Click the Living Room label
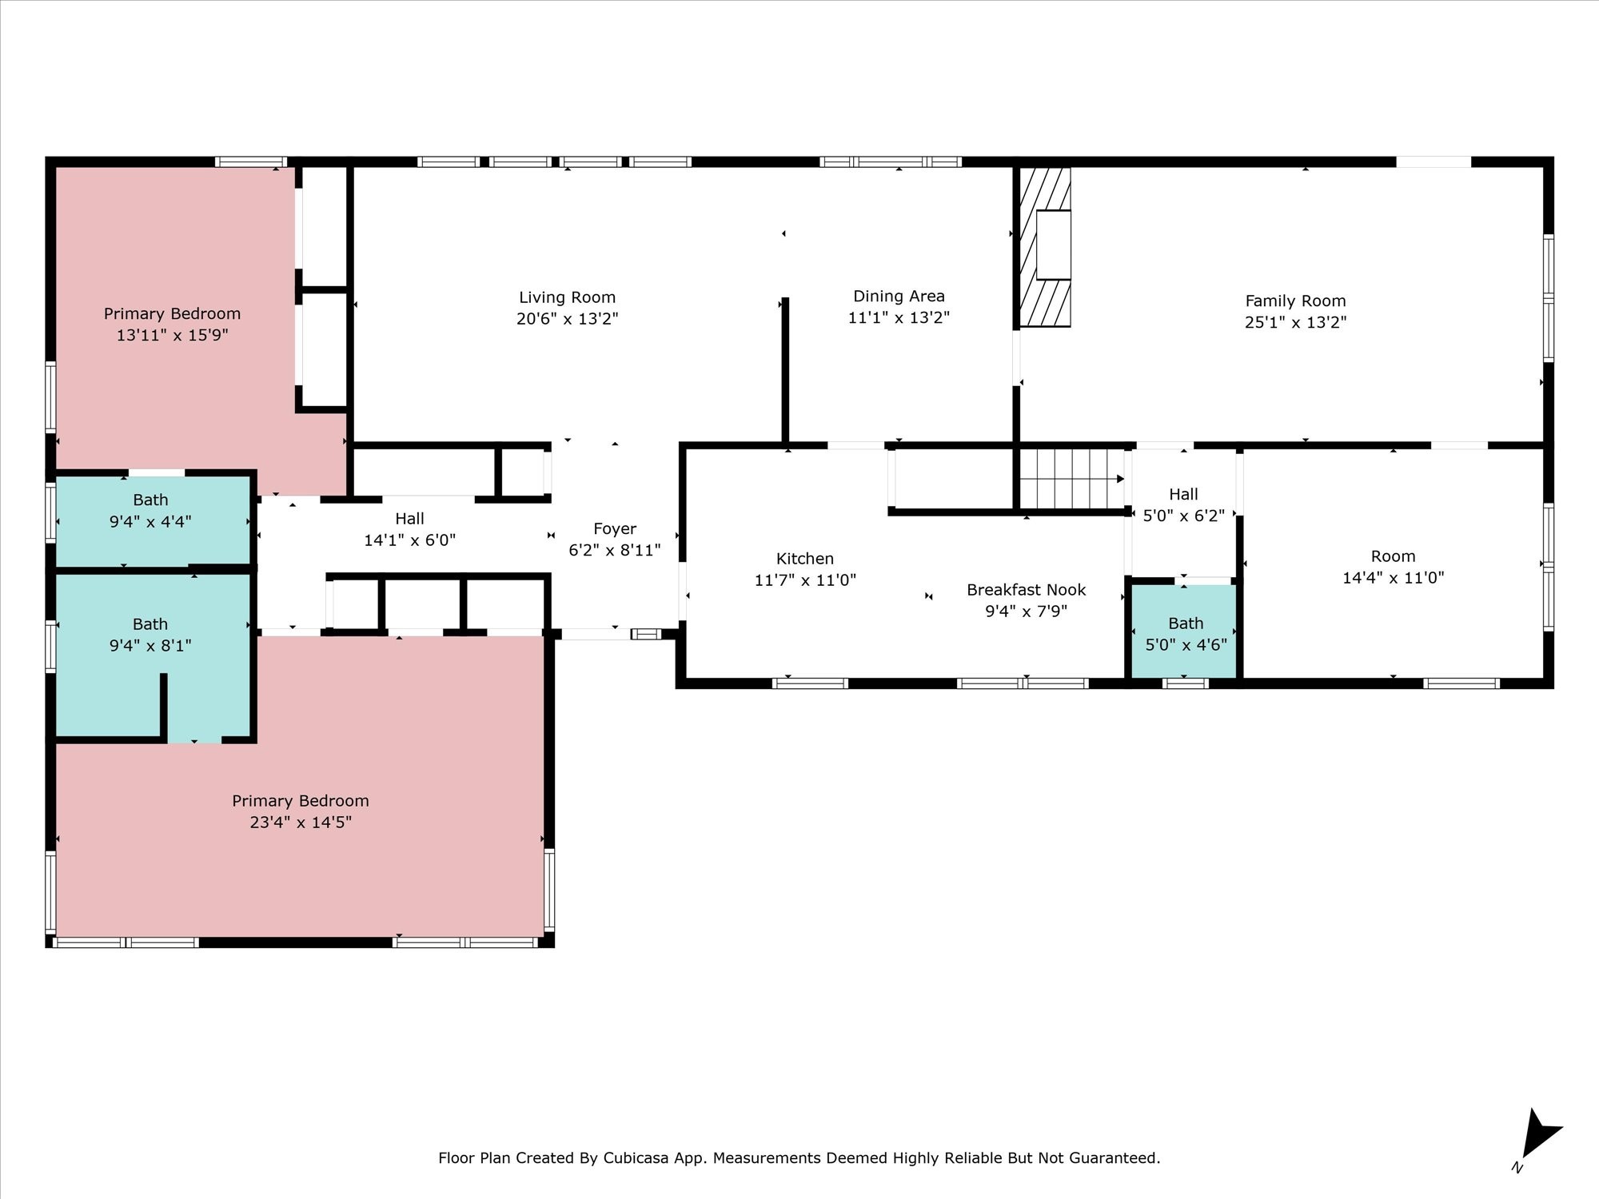click(x=567, y=297)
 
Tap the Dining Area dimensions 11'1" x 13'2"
click(x=899, y=317)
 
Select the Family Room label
click(x=1295, y=301)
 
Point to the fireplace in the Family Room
click(x=1045, y=246)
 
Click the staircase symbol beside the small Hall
click(x=1071, y=479)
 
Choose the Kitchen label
click(x=805, y=559)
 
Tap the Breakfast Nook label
click(x=1026, y=590)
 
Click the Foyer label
click(x=615, y=529)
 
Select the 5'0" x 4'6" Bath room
click(x=1185, y=631)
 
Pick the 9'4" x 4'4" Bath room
click(x=152, y=520)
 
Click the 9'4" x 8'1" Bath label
click(x=150, y=624)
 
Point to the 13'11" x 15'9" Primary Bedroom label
click(x=172, y=314)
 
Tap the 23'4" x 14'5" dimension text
click(x=301, y=823)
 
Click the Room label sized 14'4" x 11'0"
click(x=1393, y=556)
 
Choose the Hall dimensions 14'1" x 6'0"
click(x=409, y=540)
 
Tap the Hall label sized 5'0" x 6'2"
click(x=1183, y=495)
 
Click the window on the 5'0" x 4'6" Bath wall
click(x=1185, y=683)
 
